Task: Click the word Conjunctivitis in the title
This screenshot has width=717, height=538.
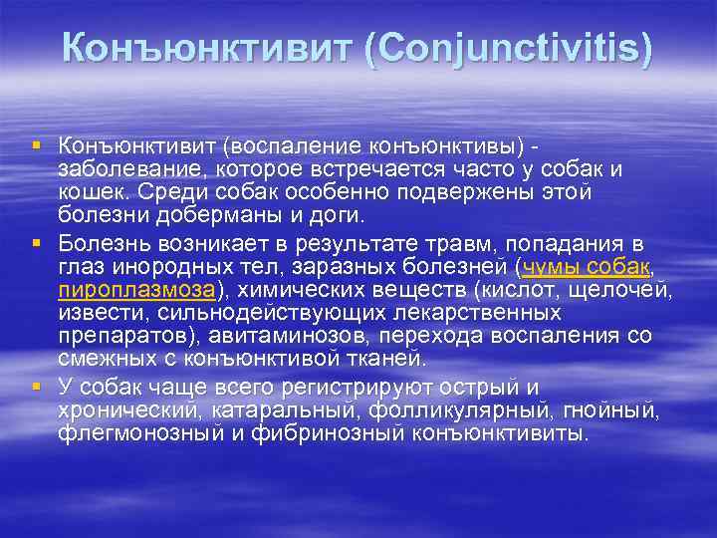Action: pos(509,48)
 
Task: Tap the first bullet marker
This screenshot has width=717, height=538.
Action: pos(37,146)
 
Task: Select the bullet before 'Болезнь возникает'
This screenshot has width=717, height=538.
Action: pos(37,242)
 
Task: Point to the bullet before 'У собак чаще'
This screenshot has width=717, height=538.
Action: pos(37,386)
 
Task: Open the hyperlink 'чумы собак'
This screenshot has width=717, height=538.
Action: pos(585,266)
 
